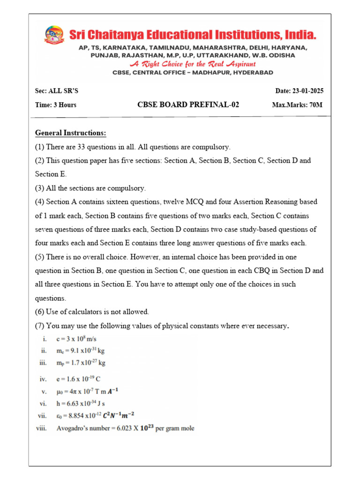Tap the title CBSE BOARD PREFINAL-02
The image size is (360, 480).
(x=188, y=105)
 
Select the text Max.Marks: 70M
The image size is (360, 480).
(x=297, y=105)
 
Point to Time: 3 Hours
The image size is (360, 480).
(x=56, y=105)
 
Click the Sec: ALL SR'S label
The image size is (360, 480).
(x=55, y=91)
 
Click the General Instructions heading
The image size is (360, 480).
(x=71, y=133)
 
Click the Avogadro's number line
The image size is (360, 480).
(x=125, y=428)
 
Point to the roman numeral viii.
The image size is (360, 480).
(x=43, y=428)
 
